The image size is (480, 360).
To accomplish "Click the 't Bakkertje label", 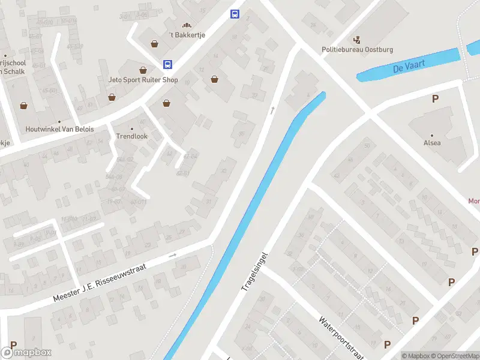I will (x=187, y=35).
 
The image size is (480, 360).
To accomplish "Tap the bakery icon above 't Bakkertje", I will (x=187, y=25).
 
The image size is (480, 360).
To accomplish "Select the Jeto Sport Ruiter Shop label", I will (x=143, y=80).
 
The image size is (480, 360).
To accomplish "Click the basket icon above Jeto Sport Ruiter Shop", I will (x=143, y=70).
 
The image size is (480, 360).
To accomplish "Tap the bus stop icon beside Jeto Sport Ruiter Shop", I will (x=167, y=65).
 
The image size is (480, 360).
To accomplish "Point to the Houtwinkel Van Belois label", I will (x=59, y=129).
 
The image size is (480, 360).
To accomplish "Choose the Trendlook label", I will (x=131, y=136).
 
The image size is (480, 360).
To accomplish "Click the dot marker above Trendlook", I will (x=131, y=128).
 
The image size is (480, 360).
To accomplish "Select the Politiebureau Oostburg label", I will (x=358, y=50).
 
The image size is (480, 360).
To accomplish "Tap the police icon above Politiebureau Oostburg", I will (x=358, y=40).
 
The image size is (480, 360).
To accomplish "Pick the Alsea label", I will (x=432, y=143).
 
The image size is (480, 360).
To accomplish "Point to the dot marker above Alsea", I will (x=432, y=135).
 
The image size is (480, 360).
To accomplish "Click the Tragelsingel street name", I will (x=254, y=272).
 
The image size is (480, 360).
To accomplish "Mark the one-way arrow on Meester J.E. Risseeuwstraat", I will (x=173, y=255).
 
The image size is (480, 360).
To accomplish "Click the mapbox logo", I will (x=26, y=353).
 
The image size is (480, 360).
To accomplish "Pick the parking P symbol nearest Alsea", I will (x=434, y=99).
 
